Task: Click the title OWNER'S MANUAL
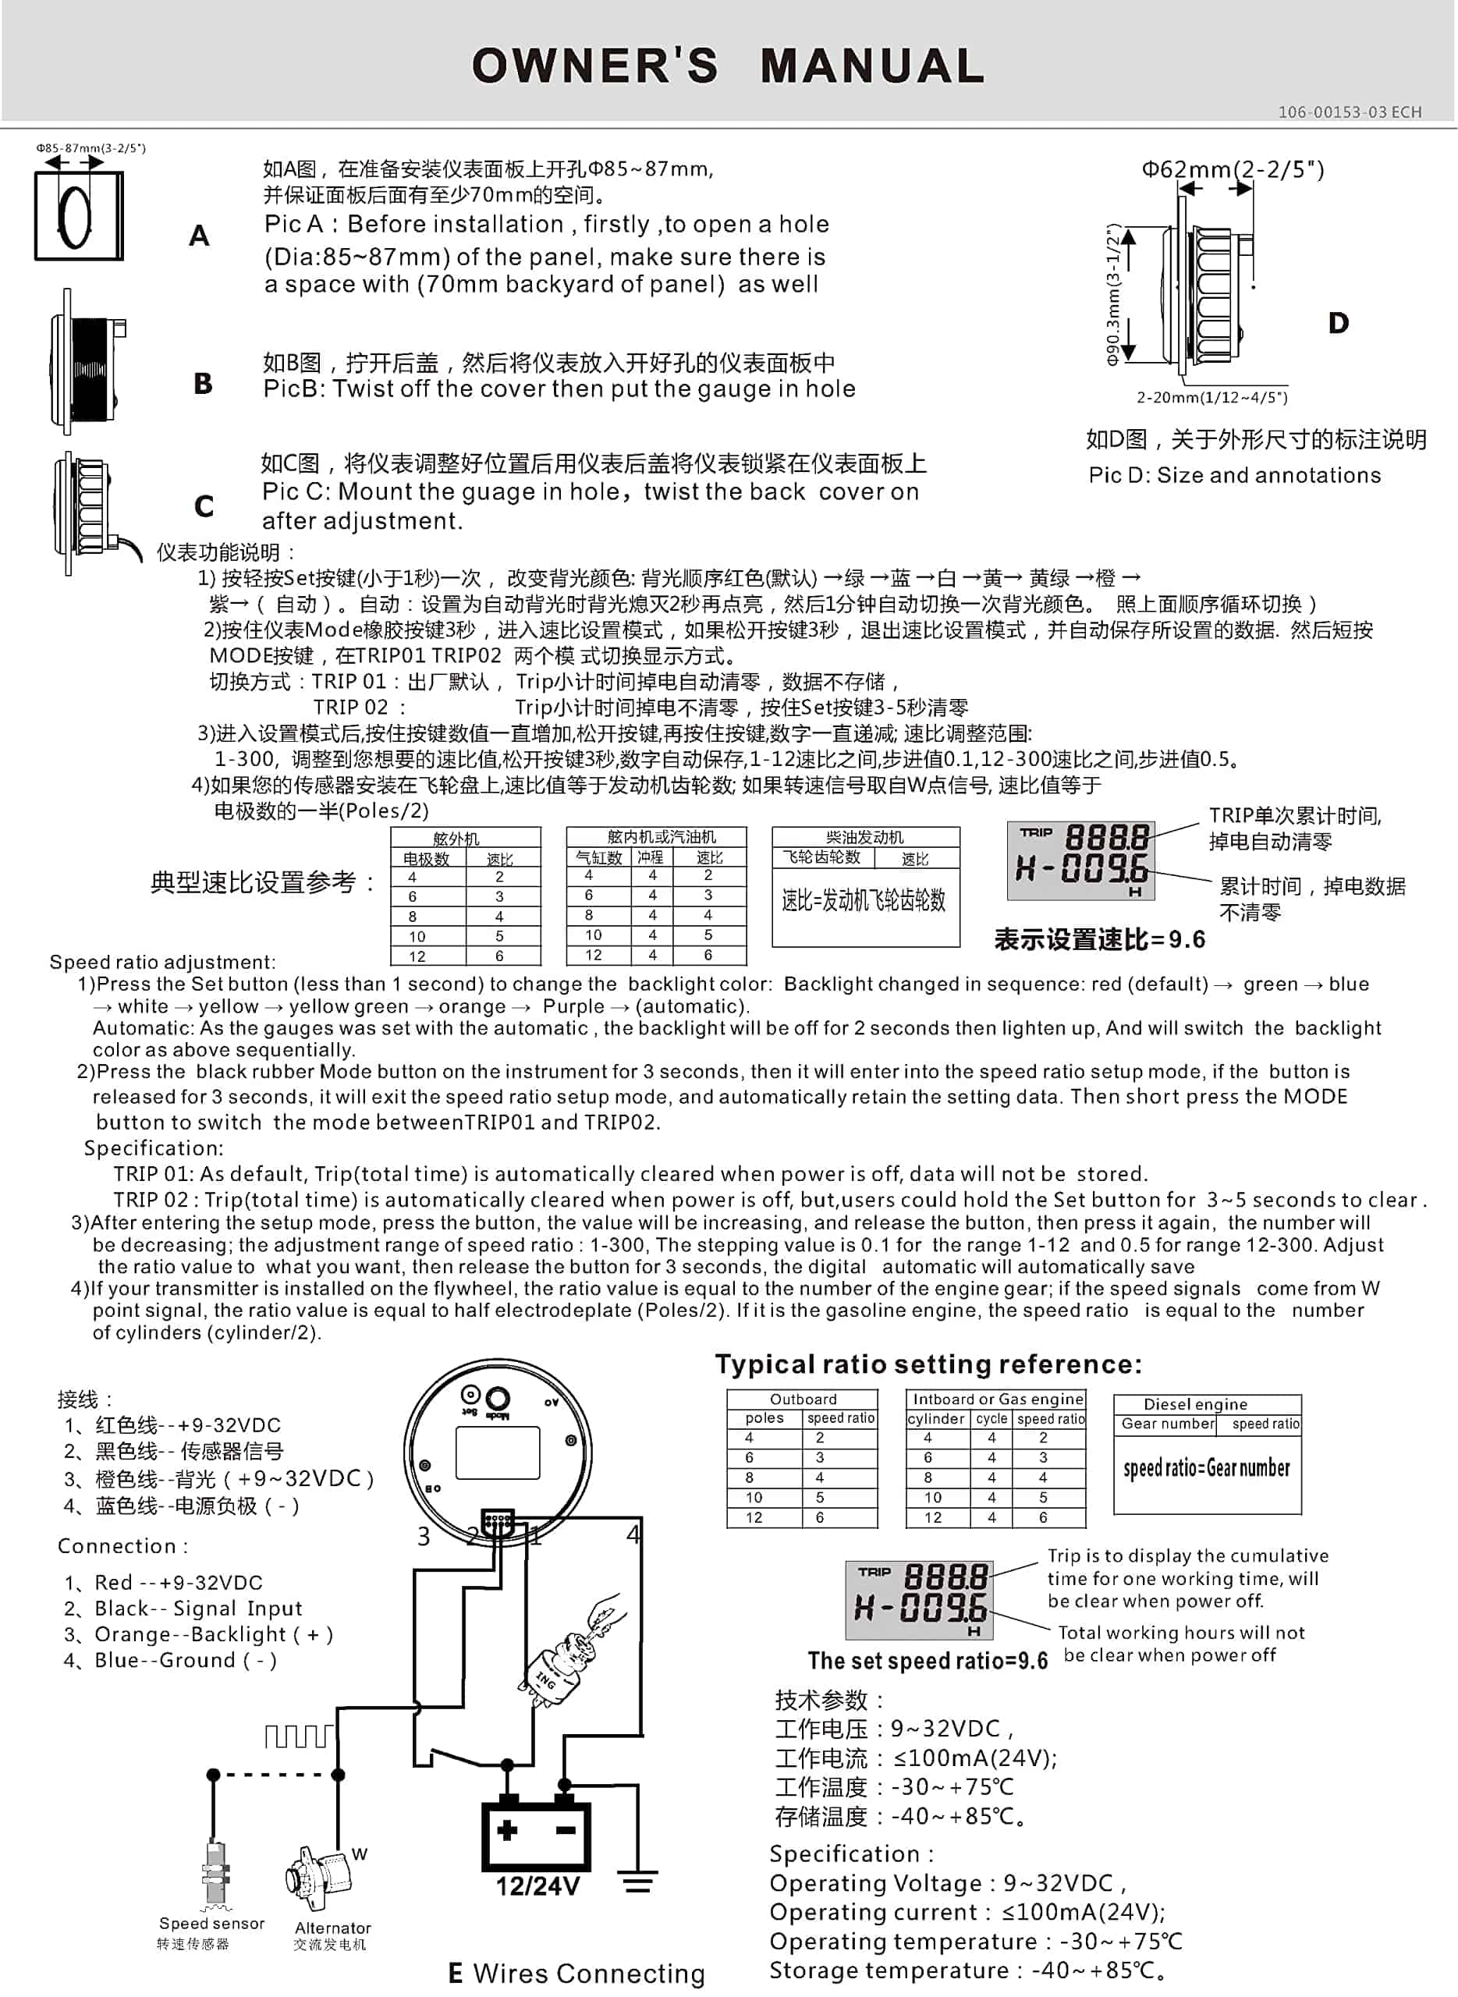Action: pos(728,66)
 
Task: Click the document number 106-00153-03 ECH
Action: pos(1350,112)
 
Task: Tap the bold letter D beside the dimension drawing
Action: pos(1338,323)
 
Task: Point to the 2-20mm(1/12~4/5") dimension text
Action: pos(1211,397)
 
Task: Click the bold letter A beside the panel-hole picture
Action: pos(200,236)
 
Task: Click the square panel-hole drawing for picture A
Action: pos(79,215)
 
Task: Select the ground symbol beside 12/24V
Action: pos(637,1882)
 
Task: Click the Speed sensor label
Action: pos(212,1923)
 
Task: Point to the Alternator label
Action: pos(333,1928)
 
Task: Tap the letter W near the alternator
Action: pos(359,1854)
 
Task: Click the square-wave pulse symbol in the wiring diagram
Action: pos(300,1736)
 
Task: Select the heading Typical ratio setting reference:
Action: pos(928,1364)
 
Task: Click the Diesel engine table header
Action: pos(1195,1404)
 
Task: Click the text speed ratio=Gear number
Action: pos(1207,1467)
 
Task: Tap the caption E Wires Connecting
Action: pos(576,1973)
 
